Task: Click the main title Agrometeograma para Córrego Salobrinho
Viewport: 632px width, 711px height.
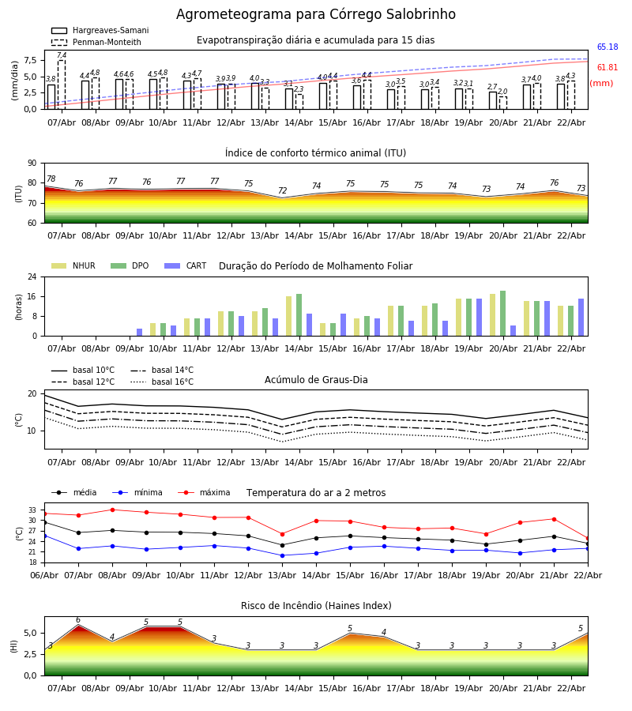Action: click(315, 15)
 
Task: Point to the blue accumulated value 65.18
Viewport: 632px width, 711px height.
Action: click(608, 47)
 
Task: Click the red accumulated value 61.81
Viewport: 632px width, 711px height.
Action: click(608, 68)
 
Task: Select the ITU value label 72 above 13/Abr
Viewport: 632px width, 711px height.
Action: click(282, 191)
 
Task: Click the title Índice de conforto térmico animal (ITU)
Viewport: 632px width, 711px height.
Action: click(315, 153)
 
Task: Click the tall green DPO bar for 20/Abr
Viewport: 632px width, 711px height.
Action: click(503, 314)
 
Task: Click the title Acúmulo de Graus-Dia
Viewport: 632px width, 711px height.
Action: click(316, 380)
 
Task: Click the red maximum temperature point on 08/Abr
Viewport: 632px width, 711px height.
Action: click(112, 510)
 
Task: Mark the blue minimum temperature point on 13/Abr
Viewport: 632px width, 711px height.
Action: click(282, 555)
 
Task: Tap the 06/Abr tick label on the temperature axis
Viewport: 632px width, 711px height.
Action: click(44, 574)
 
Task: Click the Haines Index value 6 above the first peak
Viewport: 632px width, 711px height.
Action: click(77, 620)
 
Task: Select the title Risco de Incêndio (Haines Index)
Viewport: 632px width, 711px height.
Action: click(316, 606)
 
